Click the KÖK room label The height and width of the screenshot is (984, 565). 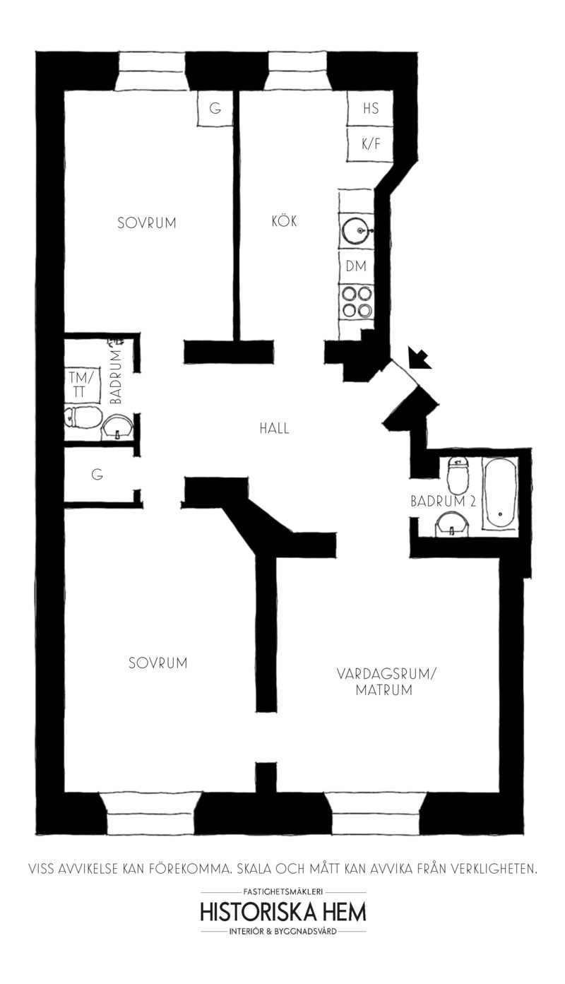tap(284, 220)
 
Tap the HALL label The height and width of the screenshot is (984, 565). tap(275, 428)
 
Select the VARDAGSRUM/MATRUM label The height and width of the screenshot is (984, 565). tap(385, 682)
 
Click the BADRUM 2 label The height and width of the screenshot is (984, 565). tap(443, 502)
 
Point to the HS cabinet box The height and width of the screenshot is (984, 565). tap(370, 109)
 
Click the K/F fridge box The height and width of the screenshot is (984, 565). tap(370, 144)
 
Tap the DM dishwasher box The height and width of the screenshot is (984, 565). tap(356, 266)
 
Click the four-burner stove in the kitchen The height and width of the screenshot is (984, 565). tap(357, 302)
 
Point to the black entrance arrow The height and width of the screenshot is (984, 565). tap(419, 357)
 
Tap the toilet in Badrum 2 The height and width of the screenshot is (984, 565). tap(458, 475)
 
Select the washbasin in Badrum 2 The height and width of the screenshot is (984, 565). tap(452, 526)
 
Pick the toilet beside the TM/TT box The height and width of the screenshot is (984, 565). tap(83, 417)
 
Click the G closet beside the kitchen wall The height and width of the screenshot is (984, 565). tap(215, 108)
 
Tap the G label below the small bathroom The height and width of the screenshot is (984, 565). tap(97, 475)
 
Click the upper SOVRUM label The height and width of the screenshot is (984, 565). tap(147, 223)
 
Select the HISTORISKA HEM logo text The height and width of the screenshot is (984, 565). tap(283, 913)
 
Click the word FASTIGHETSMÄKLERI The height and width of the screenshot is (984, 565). tap(283, 891)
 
